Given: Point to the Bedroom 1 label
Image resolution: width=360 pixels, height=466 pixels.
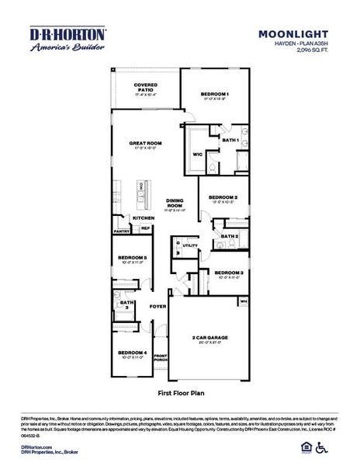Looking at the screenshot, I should click(215, 94).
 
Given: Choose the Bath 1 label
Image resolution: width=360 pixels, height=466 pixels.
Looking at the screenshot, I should click(230, 140).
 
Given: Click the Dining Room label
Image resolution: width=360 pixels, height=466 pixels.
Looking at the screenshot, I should click(175, 203).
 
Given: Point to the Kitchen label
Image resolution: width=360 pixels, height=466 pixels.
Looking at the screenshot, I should click(144, 218).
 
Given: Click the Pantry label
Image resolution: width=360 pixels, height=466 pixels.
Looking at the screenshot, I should click(122, 231).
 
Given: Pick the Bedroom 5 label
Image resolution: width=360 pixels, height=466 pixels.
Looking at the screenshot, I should click(132, 258).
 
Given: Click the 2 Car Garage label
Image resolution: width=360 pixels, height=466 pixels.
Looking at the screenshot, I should click(209, 337).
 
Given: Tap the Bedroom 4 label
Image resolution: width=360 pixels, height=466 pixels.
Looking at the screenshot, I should click(132, 353).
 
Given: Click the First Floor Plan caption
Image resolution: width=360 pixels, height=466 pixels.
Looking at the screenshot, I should click(180, 393).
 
